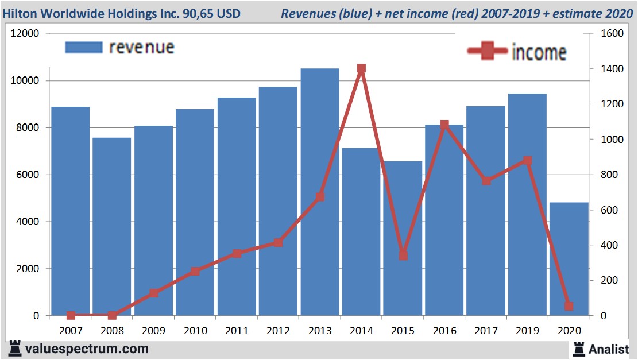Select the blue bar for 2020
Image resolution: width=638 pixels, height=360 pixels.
coord(569,258)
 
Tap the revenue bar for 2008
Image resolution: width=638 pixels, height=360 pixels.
coord(112,227)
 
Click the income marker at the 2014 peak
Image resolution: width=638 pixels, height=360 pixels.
coord(361,69)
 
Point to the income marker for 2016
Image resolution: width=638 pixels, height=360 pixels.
coord(444,125)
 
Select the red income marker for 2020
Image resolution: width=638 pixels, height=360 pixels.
coord(569,306)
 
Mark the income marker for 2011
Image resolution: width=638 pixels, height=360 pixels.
coord(237,253)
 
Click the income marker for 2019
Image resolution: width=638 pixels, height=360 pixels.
coord(527,161)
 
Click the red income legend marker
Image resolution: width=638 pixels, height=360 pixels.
coord(488,52)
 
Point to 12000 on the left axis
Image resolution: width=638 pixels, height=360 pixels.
coord(25,33)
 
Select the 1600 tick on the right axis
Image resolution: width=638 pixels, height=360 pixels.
coord(612,33)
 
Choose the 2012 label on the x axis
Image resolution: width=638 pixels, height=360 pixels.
coord(278,331)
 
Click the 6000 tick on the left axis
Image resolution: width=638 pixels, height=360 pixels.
coord(28,175)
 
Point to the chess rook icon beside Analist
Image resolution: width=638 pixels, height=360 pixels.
coord(579,348)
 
